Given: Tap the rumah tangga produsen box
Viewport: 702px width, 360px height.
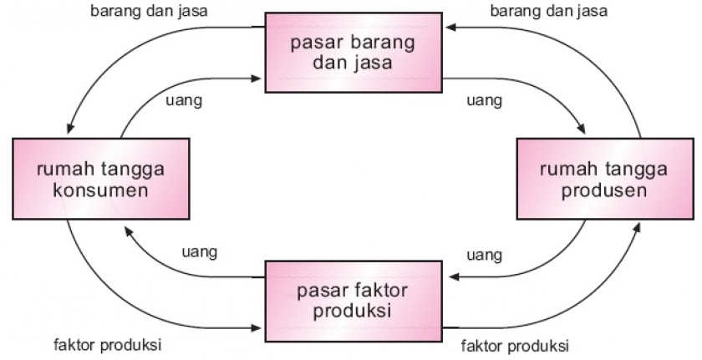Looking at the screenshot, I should coord(604,179).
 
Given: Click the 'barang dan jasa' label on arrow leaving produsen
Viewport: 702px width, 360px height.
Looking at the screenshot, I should coord(549,12).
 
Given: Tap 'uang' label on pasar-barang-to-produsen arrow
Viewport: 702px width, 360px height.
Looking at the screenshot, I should coord(484,100).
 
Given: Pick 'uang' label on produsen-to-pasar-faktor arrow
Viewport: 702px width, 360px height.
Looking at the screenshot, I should coord(484,253).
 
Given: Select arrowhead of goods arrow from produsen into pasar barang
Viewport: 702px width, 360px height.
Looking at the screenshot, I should coord(450,27).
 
